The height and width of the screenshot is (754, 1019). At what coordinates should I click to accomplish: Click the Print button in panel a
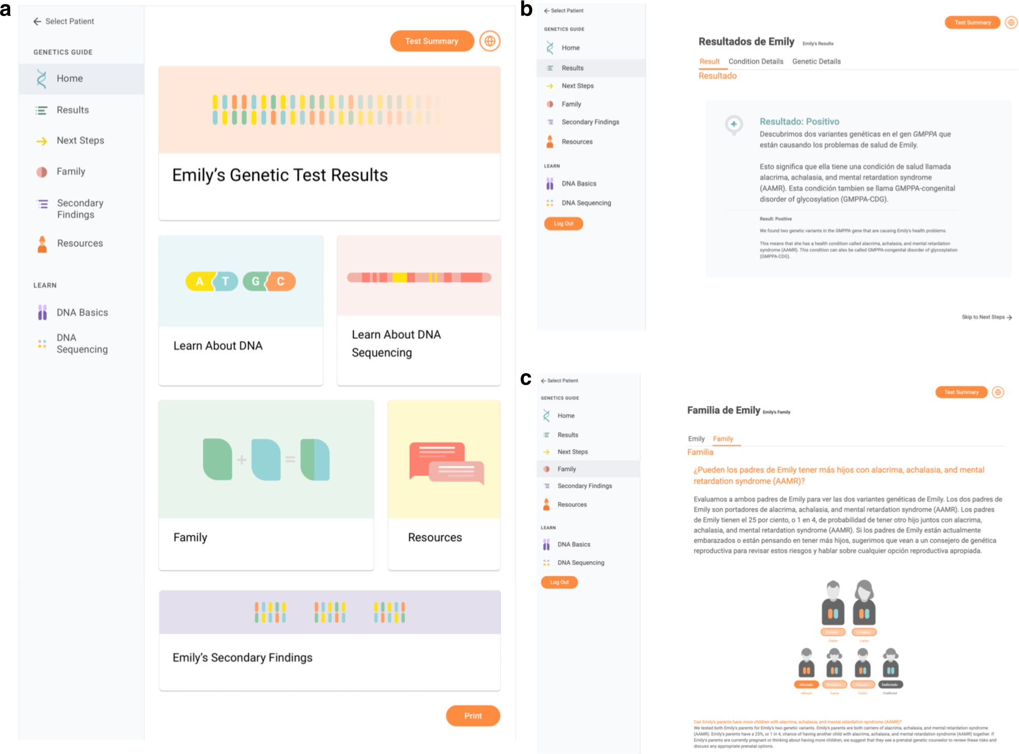pos(472,715)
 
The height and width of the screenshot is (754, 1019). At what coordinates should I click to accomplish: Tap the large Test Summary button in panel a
pos(431,41)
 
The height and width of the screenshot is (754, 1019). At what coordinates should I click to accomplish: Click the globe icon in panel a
pos(490,41)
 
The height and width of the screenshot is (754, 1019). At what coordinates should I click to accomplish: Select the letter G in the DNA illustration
pos(256,281)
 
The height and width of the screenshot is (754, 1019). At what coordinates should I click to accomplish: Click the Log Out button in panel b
pos(563,224)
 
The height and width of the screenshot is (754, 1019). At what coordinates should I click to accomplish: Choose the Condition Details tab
pos(755,62)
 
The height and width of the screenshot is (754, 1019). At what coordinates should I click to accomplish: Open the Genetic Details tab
pos(816,62)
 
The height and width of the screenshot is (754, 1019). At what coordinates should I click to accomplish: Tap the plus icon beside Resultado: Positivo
pos(734,124)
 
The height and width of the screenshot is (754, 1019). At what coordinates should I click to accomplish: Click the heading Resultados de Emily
pos(746,42)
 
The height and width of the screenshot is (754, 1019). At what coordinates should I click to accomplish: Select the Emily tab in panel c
pos(696,438)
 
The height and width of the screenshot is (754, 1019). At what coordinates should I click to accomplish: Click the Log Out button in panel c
pos(559,582)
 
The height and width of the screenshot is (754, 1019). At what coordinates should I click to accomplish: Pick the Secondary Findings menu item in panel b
pos(590,122)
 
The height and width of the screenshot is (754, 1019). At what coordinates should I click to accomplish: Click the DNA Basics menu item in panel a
pos(82,312)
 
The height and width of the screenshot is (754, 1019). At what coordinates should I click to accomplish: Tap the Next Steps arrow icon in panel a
pos(42,141)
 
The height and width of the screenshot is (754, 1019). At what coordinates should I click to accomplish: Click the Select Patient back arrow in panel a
pos(37,22)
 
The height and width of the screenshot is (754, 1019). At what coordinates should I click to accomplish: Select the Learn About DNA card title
pos(218,346)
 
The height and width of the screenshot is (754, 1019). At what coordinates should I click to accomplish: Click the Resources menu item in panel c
pos(572,505)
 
